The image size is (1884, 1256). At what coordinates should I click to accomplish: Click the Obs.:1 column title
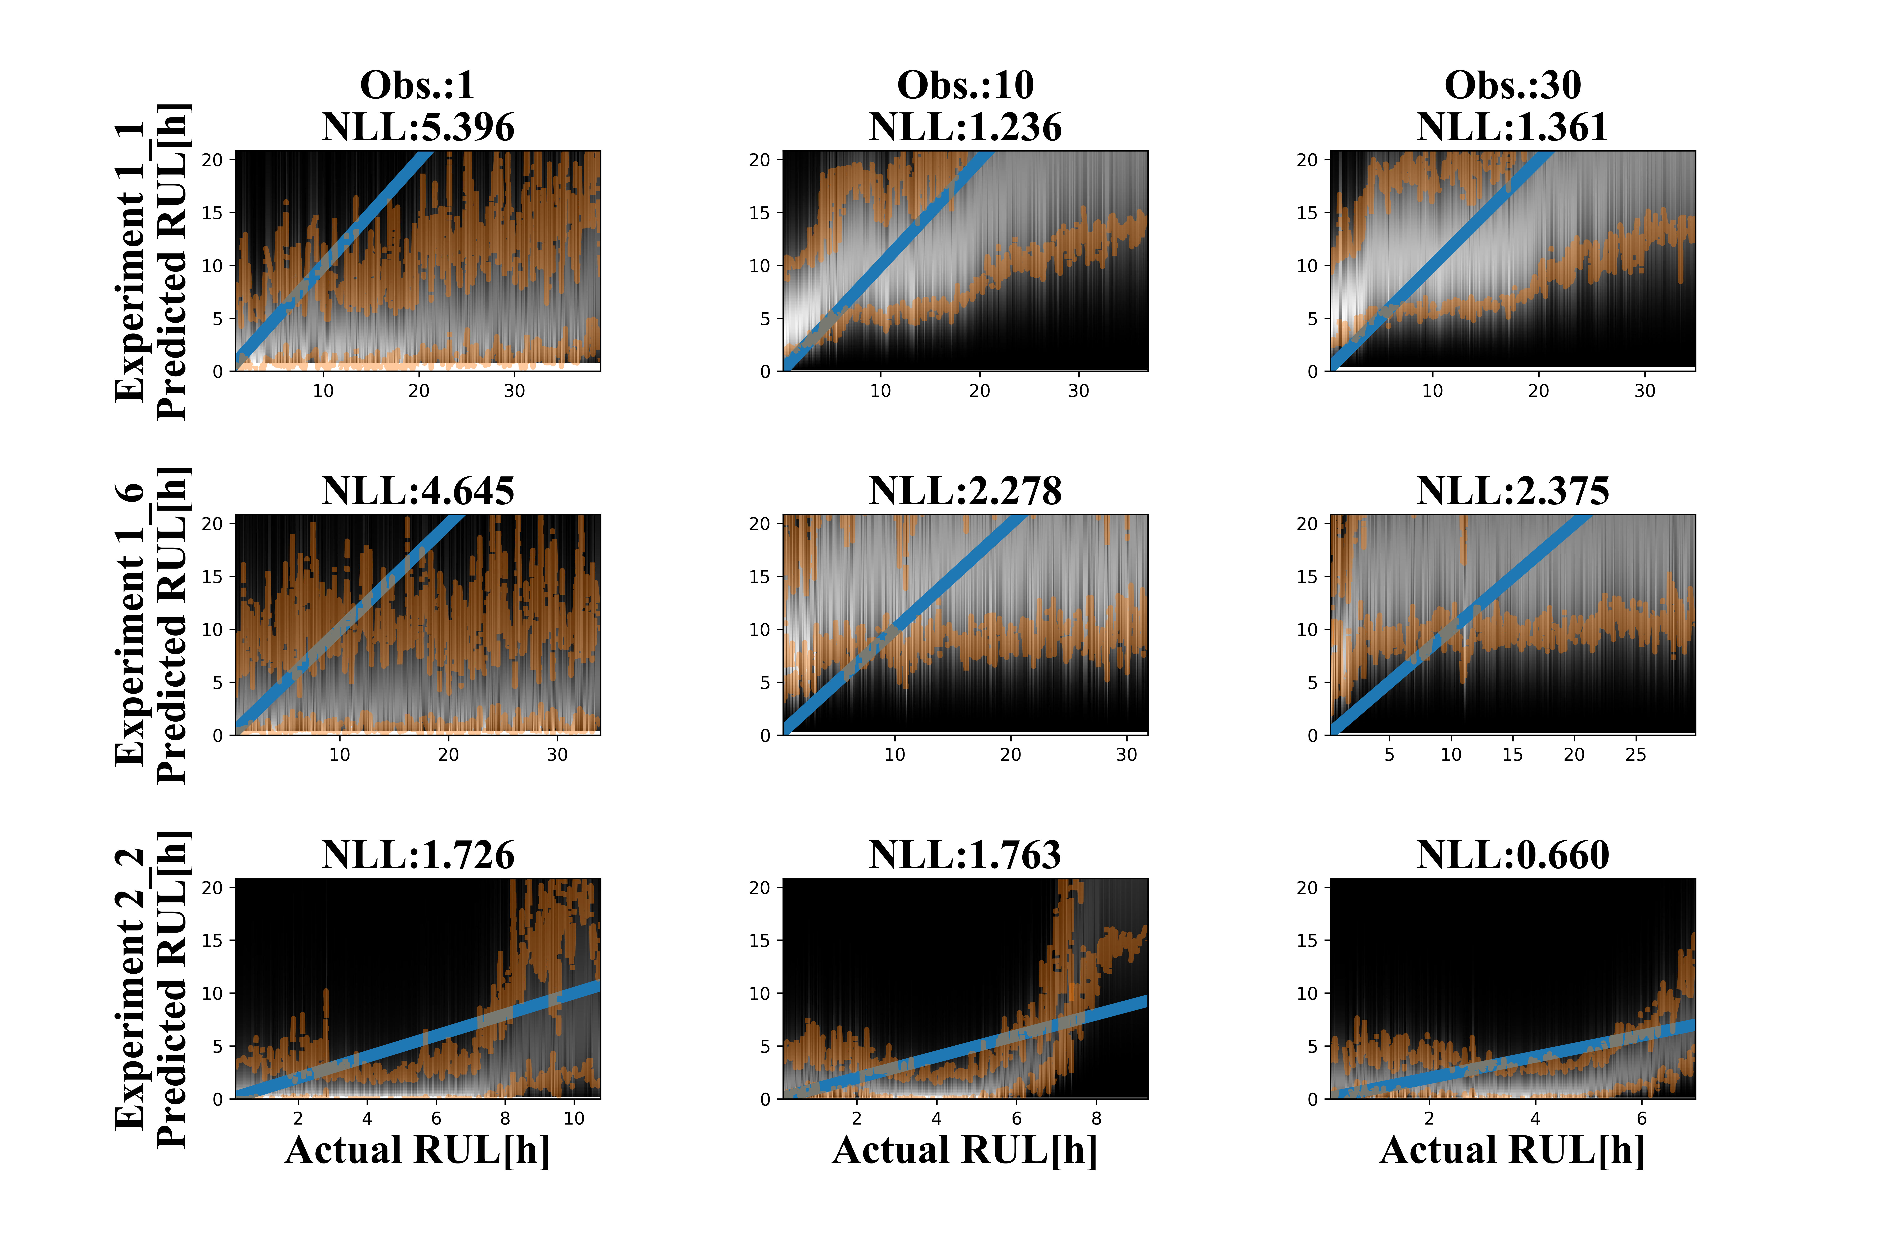tap(417, 85)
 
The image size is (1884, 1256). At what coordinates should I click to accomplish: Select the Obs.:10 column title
tap(965, 85)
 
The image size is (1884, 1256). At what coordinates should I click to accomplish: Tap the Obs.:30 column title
tap(1512, 85)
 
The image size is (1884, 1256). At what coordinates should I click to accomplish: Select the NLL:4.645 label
tap(417, 491)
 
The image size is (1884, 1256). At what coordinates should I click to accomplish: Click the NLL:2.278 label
tap(965, 491)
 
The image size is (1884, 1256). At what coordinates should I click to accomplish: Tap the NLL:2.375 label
tap(1512, 491)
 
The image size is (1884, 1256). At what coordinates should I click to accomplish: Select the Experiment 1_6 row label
tap(130, 625)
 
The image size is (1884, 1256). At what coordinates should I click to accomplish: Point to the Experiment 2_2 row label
tap(130, 989)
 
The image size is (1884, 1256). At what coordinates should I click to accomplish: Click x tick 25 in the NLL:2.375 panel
tap(1636, 755)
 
